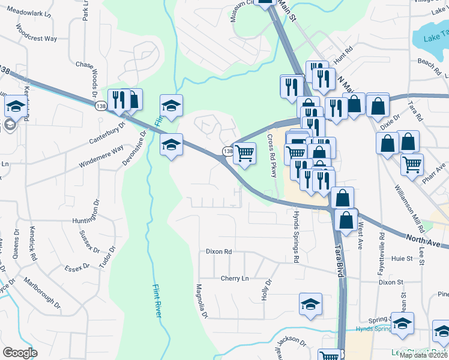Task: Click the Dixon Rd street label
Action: coord(218,252)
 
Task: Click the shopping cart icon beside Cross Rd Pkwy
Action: coord(244,154)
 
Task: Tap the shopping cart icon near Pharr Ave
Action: coord(411,164)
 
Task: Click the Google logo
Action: coord(20,352)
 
